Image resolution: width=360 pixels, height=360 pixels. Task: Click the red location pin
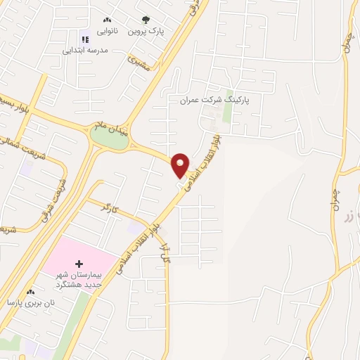tap(181, 165)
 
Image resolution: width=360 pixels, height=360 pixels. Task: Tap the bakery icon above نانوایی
tap(107, 20)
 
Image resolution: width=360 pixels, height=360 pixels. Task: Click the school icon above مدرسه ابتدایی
tap(85, 40)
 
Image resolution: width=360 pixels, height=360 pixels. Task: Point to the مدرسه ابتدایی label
tap(85, 50)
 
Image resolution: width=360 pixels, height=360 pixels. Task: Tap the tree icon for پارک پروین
tap(146, 20)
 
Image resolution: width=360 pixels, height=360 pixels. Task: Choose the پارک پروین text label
tap(146, 32)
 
